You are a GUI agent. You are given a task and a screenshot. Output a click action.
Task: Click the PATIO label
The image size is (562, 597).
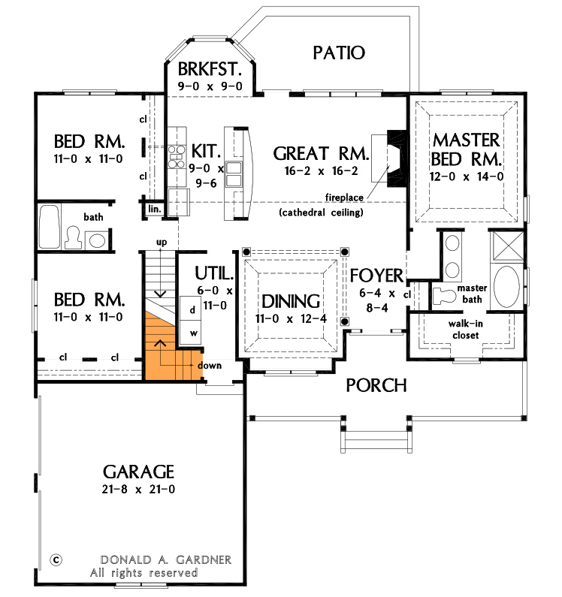(338, 53)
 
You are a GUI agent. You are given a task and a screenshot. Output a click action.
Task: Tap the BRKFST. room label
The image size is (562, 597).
(210, 70)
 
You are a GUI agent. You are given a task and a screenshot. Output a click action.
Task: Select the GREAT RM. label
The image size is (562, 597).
(321, 154)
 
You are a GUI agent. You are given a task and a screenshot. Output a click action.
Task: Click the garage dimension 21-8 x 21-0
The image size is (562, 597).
(138, 490)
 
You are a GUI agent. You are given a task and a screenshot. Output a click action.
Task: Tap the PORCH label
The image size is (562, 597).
(376, 385)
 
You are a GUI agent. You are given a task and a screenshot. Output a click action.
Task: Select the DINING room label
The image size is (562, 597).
(291, 301)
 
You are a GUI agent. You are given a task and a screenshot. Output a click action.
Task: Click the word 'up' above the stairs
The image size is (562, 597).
(161, 242)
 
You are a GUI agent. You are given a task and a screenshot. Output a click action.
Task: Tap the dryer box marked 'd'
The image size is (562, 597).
(192, 309)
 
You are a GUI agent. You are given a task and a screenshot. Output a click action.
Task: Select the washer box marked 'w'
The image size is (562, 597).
(192, 332)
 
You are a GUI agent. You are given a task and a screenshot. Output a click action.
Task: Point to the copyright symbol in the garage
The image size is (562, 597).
(56, 559)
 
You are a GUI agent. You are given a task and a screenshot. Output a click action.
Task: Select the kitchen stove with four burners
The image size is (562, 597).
(177, 157)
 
